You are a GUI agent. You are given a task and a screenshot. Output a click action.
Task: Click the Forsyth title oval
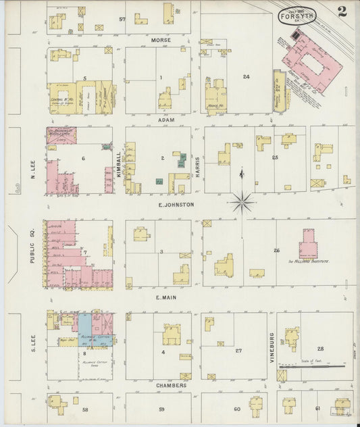point(297,16)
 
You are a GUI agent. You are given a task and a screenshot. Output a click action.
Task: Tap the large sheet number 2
point(343,11)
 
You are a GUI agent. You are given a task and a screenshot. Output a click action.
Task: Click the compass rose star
point(242,201)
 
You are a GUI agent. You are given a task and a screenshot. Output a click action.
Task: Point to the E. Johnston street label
point(176,204)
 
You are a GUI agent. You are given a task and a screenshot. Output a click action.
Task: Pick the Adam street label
point(166,120)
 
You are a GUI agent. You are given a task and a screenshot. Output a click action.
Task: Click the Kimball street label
point(119,164)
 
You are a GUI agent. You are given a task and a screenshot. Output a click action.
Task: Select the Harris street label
point(197,166)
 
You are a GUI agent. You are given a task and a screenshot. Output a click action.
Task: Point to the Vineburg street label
point(272,348)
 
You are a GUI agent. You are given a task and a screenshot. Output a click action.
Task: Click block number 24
point(247,77)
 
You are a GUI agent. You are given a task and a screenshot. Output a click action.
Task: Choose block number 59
point(161,409)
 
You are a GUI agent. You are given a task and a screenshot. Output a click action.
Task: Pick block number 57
point(122,19)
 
